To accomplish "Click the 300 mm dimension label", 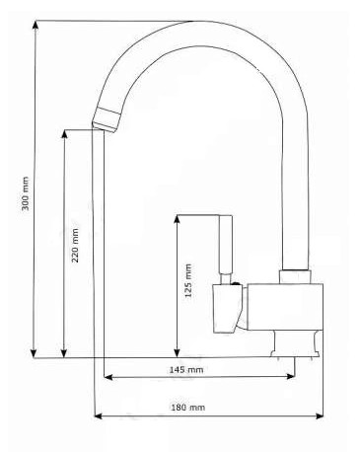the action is click(26, 193).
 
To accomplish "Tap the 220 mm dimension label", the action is click(75, 245).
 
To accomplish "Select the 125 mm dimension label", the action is click(188, 280).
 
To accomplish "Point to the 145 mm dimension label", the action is click(186, 370).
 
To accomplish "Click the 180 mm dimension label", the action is click(188, 408).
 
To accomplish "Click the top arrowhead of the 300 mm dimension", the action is click(35, 26).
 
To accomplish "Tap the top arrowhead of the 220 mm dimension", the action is click(65, 135).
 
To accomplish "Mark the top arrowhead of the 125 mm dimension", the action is click(178, 220).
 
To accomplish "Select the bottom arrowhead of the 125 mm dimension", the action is click(178, 352).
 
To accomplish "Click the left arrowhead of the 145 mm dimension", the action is click(108, 377).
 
